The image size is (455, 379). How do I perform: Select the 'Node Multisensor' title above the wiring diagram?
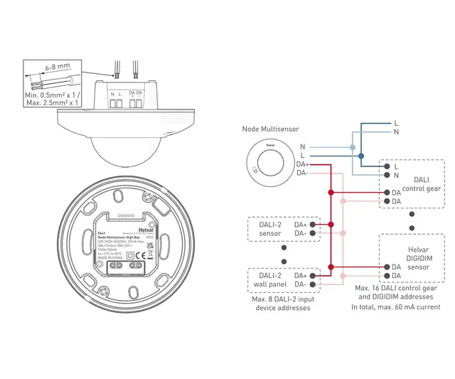point(270,129)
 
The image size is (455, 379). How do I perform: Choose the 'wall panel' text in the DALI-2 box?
point(267,284)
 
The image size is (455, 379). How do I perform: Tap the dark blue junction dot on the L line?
point(361,156)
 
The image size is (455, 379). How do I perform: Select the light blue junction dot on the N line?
point(352,146)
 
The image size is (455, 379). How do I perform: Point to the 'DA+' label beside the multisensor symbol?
point(302,164)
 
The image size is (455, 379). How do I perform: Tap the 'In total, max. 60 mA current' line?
point(395,306)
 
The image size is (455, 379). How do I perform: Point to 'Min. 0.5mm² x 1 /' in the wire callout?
point(51,95)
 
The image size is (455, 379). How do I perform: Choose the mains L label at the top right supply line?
point(396,123)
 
